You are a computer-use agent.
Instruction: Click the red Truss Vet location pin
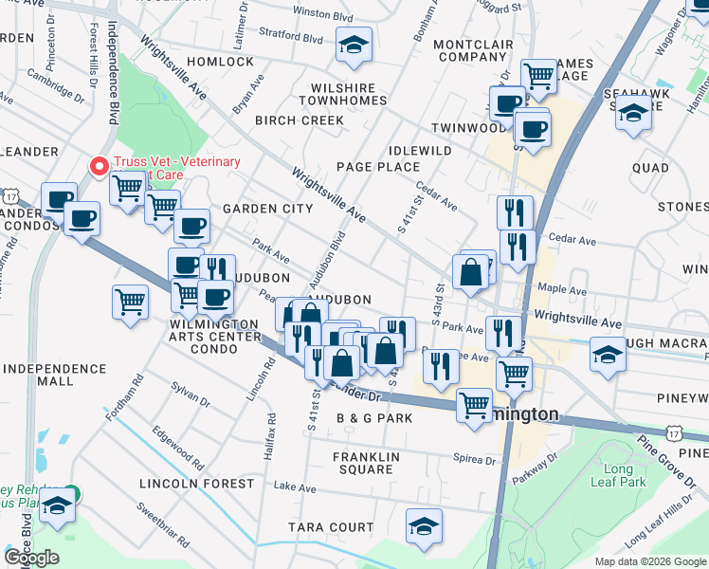coord(98,166)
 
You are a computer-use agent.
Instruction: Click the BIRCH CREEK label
coord(300,120)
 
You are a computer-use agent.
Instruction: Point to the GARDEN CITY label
coord(267,209)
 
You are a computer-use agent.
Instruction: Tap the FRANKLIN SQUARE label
coord(362,463)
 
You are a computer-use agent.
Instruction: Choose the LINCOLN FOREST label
coord(196,484)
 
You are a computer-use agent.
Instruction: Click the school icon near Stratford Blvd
coord(354,45)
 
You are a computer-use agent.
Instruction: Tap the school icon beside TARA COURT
coord(424,524)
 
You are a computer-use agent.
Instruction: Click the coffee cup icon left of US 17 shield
coord(59,198)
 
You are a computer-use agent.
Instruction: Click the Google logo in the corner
coord(31,558)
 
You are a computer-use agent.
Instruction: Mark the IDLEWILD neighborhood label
coord(420,151)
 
